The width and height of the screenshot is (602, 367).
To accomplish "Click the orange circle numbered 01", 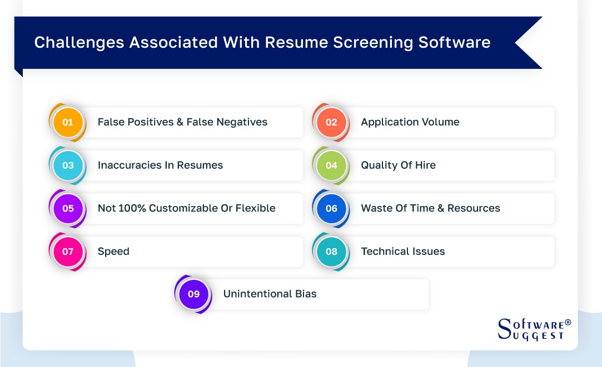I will pyautogui.click(x=68, y=122).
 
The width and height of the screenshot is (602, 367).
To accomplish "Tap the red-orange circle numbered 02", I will pyautogui.click(x=331, y=122).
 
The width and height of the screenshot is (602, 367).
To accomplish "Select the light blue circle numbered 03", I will pyautogui.click(x=68, y=165).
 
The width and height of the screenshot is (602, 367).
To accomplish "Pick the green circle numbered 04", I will pyautogui.click(x=331, y=165).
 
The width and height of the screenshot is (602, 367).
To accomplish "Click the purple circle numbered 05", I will pyautogui.click(x=68, y=209).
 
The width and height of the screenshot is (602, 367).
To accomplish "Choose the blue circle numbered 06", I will pyautogui.click(x=331, y=209).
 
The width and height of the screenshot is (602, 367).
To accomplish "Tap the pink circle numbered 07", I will pyautogui.click(x=68, y=252).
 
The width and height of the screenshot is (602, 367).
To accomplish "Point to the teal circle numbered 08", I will pyautogui.click(x=331, y=252).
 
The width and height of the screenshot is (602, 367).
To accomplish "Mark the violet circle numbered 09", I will pyautogui.click(x=193, y=294).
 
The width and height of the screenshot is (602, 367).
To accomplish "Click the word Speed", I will pyautogui.click(x=113, y=252).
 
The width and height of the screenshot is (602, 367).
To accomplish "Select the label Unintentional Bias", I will pyautogui.click(x=270, y=294).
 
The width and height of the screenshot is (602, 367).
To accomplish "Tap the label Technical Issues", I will pyautogui.click(x=403, y=252).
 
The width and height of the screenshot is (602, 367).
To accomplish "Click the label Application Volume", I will pyautogui.click(x=410, y=122).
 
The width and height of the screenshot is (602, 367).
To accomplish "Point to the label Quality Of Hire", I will pyautogui.click(x=398, y=165).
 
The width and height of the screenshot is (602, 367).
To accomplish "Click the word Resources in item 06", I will pyautogui.click(x=474, y=209).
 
